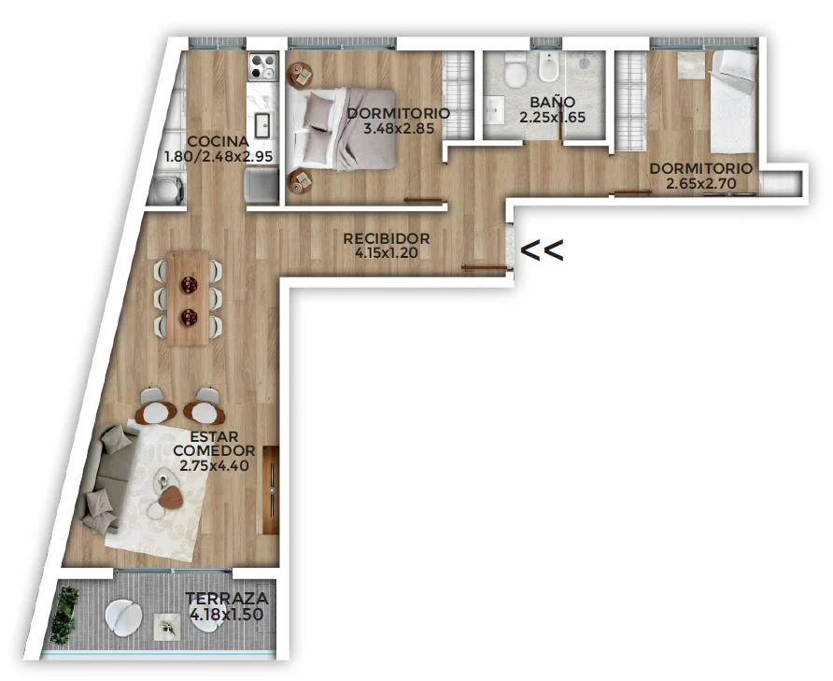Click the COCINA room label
coord(219,142)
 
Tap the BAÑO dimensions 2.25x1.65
coord(553,117)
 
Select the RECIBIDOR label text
coord(387,239)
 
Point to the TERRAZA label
coord(227,599)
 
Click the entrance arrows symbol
coord(542,250)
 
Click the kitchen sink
coord(263,126)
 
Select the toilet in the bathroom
coord(515,71)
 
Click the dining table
coord(189,298)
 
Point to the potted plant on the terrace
coord(64,614)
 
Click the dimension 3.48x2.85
coord(399,128)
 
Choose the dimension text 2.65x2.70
coord(701,183)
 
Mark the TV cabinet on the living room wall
coord(271,489)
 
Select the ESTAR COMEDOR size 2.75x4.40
coord(215,466)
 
